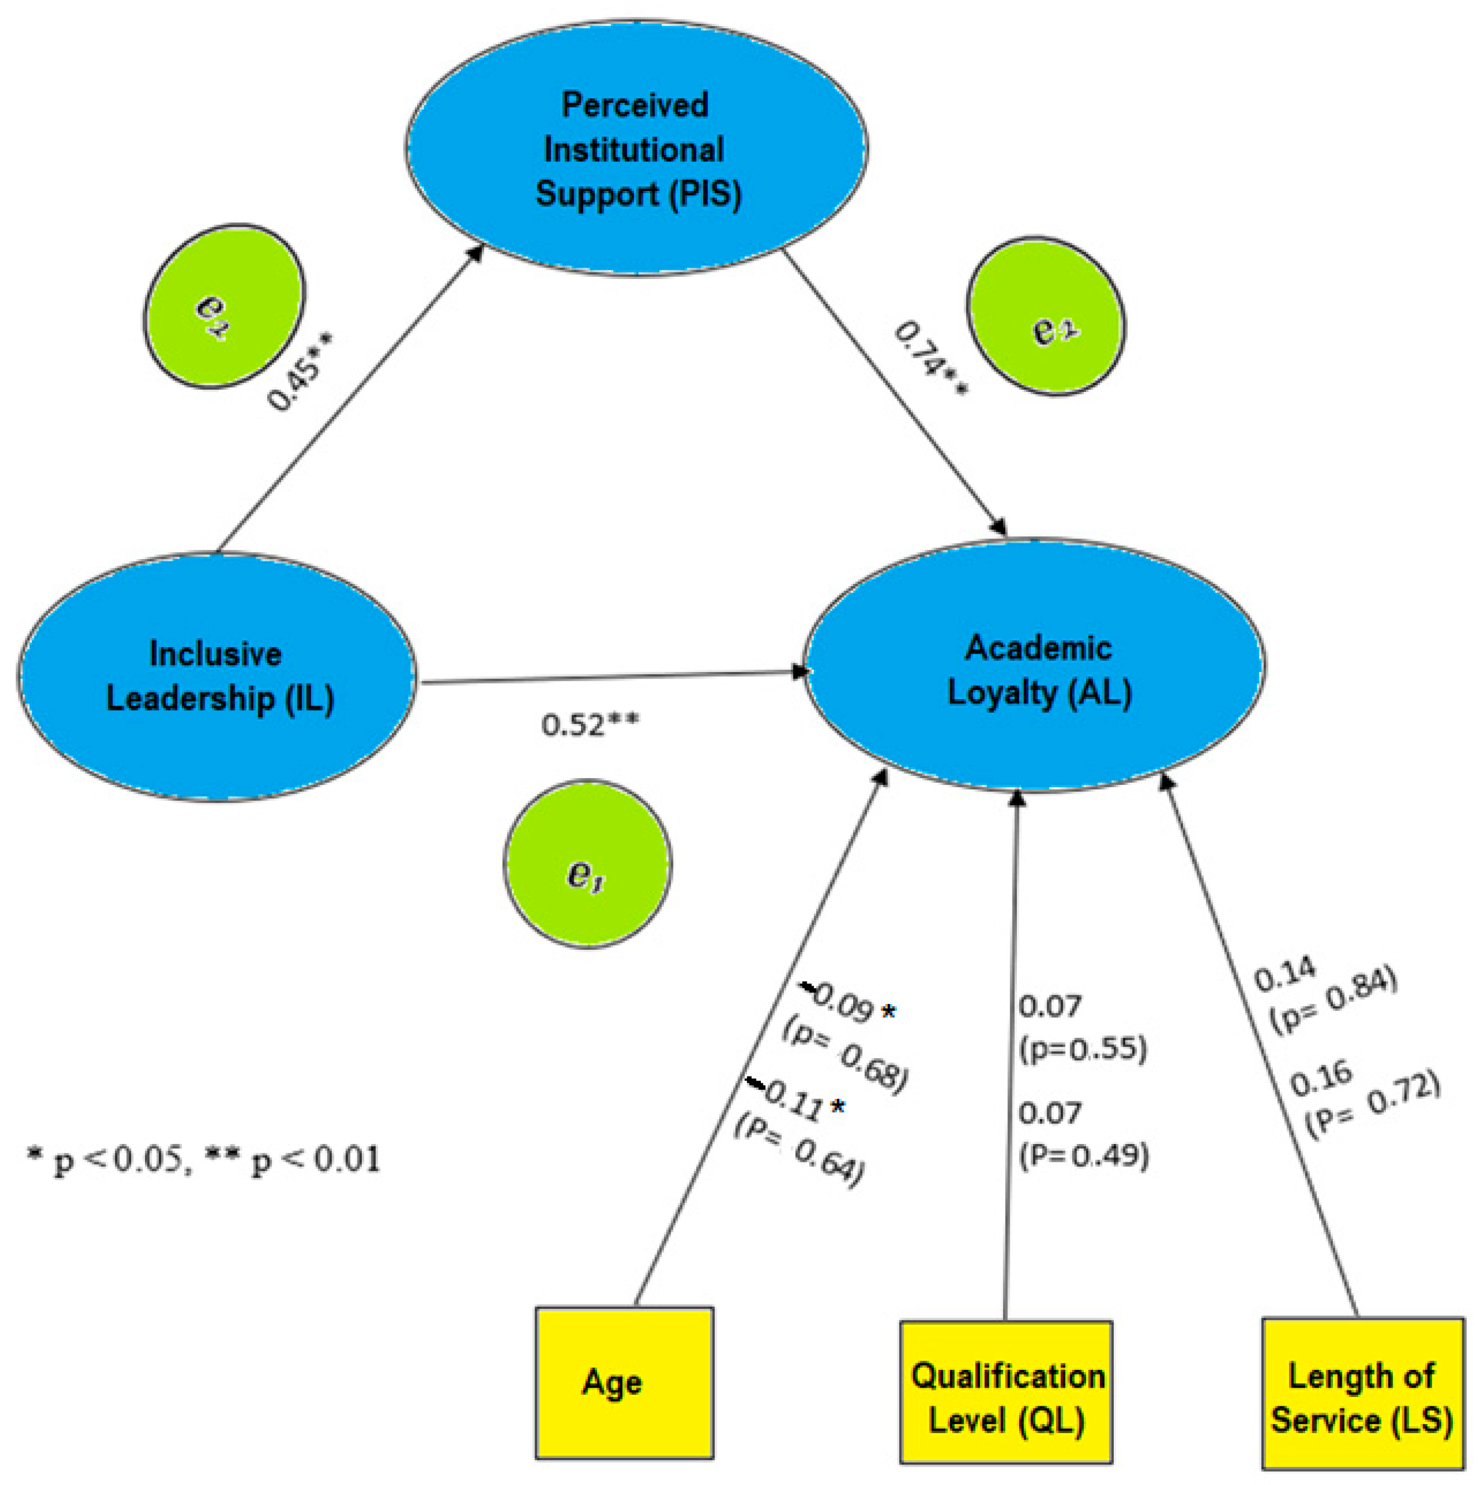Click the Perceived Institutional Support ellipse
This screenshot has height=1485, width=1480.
click(636, 148)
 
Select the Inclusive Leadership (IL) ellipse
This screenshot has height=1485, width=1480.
click(217, 676)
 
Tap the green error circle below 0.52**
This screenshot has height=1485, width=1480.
click(587, 864)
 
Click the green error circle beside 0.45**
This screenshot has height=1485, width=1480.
click(223, 306)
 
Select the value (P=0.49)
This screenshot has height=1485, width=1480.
click(1083, 1155)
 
